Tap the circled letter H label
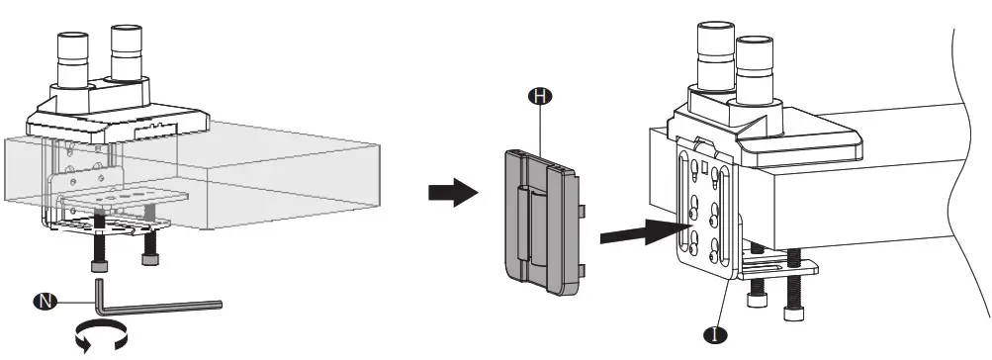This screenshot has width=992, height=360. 541,95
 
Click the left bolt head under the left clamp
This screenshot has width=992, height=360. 98,255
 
